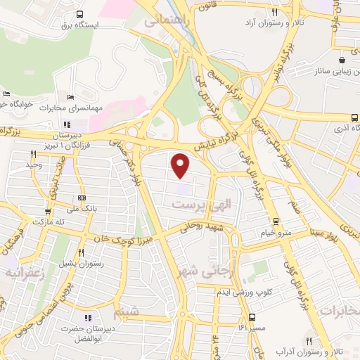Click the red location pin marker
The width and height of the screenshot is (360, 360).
coord(181,165)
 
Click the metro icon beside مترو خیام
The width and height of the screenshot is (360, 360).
coord(275,221)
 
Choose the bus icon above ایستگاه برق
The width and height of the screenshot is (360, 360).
coord(79,13)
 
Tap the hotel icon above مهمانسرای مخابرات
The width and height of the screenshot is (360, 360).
coord(70,96)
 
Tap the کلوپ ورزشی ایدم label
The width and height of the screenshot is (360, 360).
coord(263,292)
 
